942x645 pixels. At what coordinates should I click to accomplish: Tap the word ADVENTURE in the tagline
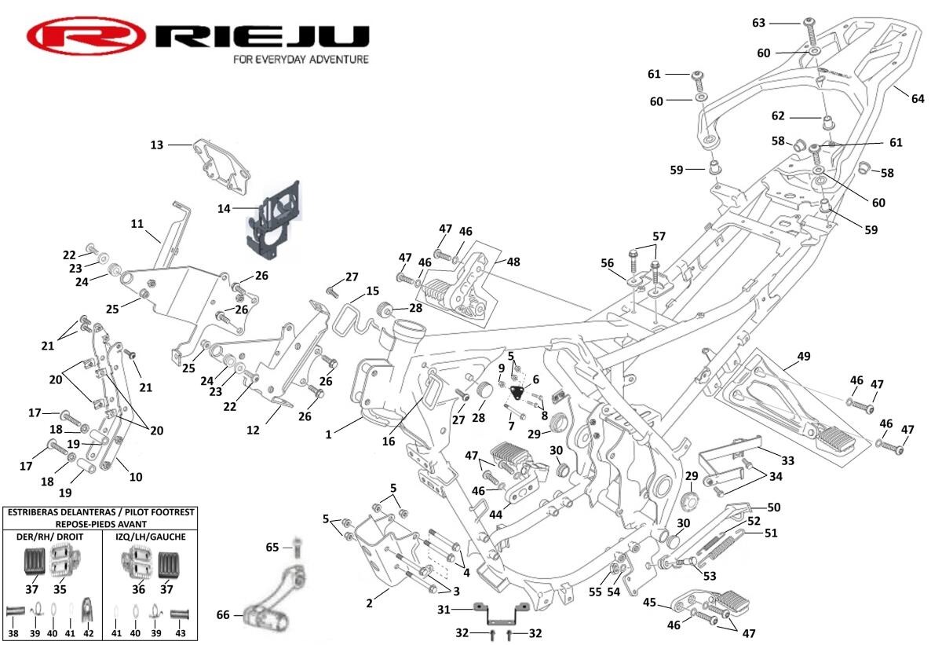coord(331,59)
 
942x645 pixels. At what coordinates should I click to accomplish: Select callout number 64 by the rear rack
coord(918,98)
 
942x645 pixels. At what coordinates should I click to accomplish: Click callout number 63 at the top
coord(758,23)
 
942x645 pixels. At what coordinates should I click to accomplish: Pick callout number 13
coord(157,145)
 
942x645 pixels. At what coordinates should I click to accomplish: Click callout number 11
coord(137,224)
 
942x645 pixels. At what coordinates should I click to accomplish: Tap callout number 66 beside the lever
coord(223,615)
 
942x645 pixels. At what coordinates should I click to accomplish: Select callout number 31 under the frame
coord(443,610)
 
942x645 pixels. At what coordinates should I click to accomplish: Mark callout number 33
coord(788,460)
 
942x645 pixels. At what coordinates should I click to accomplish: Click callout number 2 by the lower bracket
coord(370,603)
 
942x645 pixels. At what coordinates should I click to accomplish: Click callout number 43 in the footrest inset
coord(181,633)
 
